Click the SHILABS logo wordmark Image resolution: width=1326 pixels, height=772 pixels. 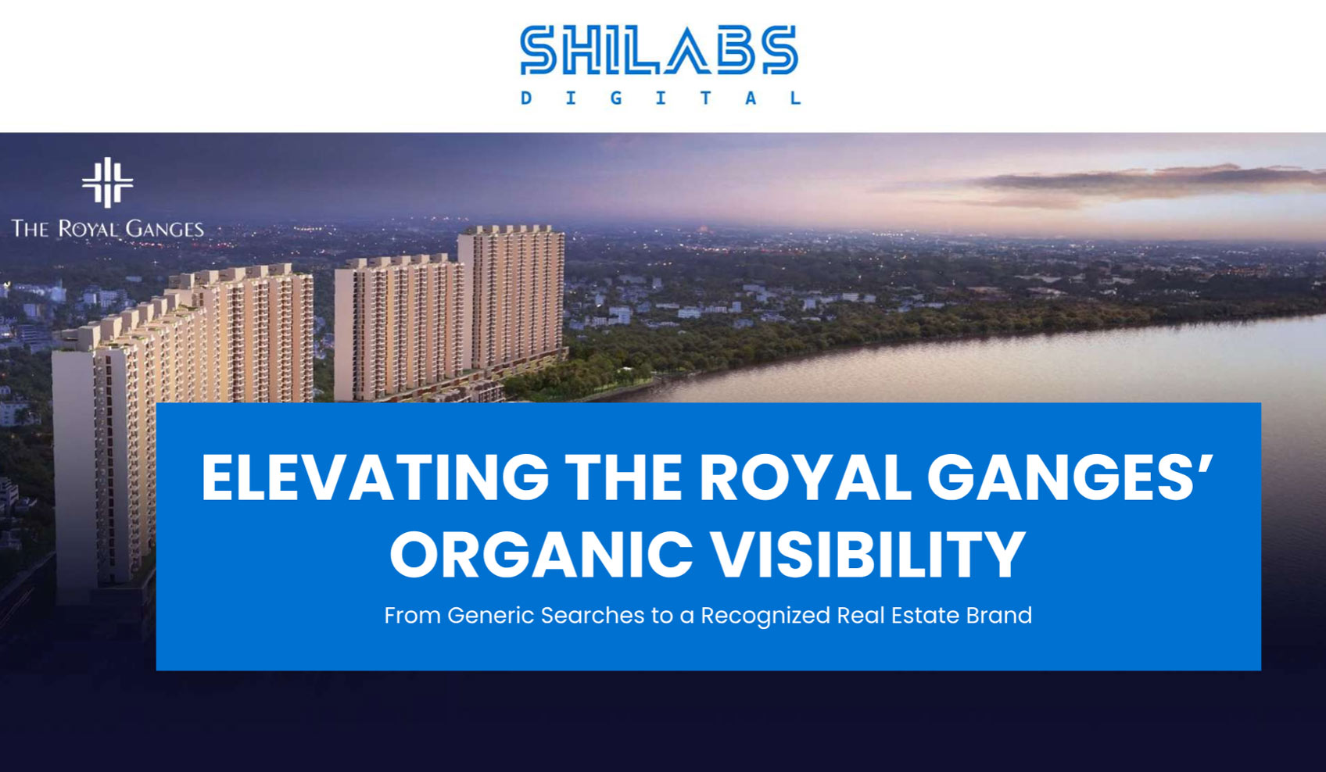coord(659,51)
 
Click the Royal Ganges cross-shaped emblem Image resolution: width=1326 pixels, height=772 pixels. coord(107,183)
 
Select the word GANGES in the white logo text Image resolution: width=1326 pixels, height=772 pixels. coord(164,229)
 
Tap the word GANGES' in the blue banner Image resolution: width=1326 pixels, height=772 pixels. coord(1070,477)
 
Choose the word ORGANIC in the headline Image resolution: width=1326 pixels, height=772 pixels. coord(541,554)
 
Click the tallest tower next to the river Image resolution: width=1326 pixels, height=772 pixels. coord(511,297)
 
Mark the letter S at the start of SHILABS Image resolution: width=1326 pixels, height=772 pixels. coord(537,51)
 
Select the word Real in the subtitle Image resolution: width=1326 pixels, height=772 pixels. coord(857,616)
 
